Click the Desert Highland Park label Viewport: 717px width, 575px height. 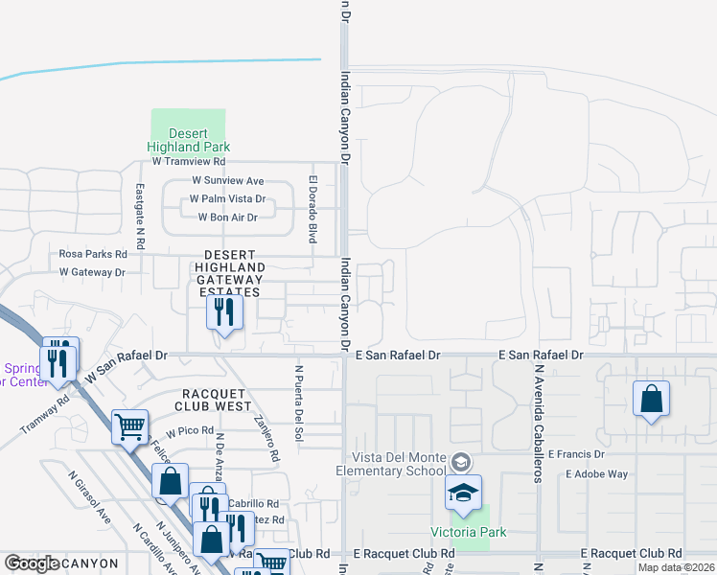(188, 140)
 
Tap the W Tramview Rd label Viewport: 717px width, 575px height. (195, 162)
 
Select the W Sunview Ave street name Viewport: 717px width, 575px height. (227, 180)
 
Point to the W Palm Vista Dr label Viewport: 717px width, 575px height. (226, 198)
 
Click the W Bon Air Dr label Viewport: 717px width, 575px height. (227, 218)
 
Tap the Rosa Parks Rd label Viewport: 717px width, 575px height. (93, 254)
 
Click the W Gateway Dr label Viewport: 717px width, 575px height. (92, 272)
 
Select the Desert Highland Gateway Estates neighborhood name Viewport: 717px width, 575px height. (229, 272)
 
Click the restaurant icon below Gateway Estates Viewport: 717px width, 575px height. (224, 312)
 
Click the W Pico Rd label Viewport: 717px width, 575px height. (189, 430)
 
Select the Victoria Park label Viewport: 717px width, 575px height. (468, 533)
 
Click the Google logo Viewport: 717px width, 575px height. (32, 563)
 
